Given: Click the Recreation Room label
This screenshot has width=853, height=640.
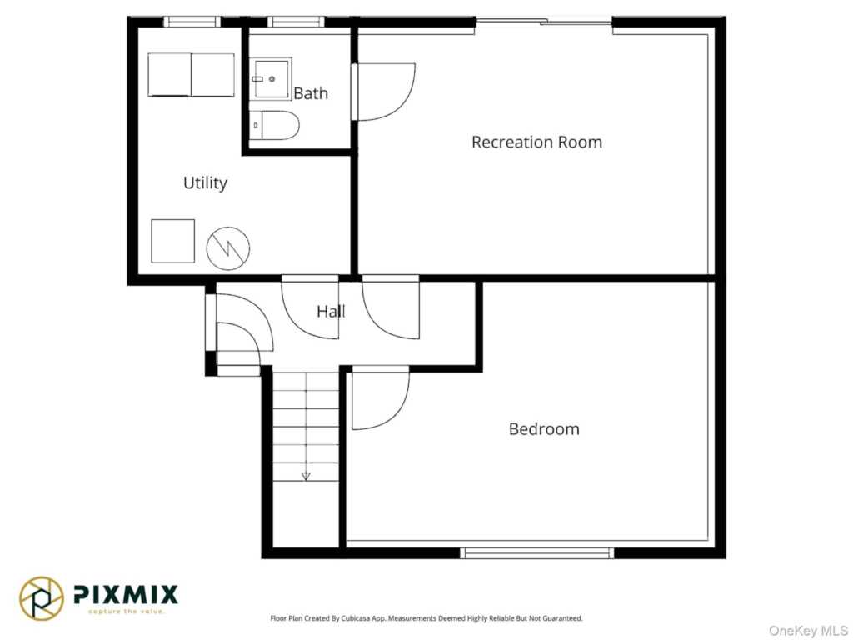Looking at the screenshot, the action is [x=536, y=142].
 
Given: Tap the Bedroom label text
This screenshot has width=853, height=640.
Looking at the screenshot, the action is [x=544, y=429].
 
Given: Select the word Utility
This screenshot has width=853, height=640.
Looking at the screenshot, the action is [x=205, y=182].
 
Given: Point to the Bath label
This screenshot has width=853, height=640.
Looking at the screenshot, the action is [x=311, y=93].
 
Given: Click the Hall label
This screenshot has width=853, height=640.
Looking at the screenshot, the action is [x=331, y=312].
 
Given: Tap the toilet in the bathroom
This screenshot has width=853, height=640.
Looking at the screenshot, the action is [x=275, y=125].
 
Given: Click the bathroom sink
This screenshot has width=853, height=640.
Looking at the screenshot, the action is [x=271, y=79].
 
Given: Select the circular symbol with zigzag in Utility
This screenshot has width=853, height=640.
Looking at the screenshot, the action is [x=228, y=248].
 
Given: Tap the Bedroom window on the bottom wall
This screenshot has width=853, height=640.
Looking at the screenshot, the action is [x=537, y=553].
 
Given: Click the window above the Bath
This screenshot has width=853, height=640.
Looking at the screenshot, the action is [x=296, y=22].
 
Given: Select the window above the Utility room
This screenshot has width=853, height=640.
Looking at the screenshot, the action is [x=192, y=22].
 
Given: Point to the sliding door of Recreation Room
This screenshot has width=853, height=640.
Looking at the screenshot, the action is [x=544, y=22].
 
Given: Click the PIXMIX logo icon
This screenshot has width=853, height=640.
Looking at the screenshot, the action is [x=42, y=598].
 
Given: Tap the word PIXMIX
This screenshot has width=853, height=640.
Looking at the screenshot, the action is [x=126, y=594].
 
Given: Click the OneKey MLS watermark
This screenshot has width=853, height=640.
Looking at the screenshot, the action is [x=808, y=631].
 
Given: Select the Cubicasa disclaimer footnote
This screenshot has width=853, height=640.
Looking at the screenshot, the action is [x=426, y=618].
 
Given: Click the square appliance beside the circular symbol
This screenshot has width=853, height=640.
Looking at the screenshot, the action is [x=173, y=241].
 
